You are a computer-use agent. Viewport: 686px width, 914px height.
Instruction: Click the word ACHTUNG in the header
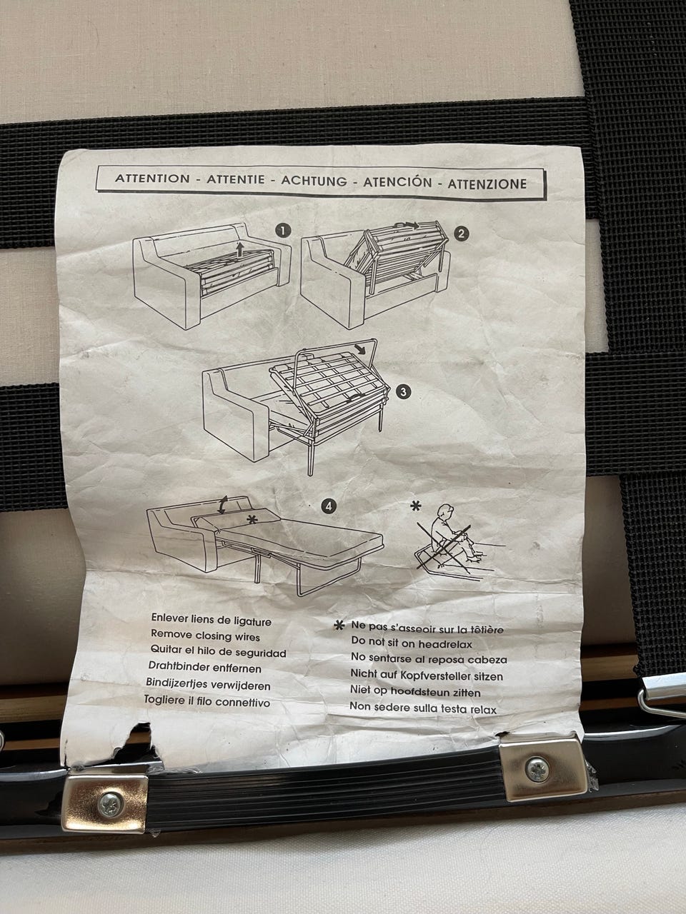coord(314,181)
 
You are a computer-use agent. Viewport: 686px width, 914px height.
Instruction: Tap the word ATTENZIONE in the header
coord(487,184)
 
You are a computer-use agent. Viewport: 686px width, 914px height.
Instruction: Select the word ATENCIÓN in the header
coord(397,182)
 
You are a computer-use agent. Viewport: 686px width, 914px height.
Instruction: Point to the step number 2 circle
coord(461,233)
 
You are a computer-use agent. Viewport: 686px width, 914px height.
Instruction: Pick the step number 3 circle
coord(403,392)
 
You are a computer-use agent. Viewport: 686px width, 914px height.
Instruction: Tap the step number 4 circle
coord(329,507)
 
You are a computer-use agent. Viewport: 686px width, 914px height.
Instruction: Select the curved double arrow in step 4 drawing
coord(224,506)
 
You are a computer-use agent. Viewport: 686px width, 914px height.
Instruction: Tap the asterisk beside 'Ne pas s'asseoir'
coord(339,625)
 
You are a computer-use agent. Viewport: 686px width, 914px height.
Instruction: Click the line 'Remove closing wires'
coord(205,636)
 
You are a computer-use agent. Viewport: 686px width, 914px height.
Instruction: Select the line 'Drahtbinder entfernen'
coord(205,668)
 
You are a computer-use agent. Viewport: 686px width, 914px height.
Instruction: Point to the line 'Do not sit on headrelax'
coord(412,644)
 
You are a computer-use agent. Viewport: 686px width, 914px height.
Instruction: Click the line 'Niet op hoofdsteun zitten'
coord(415,692)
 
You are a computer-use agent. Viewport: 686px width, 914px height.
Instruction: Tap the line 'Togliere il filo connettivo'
coord(207,701)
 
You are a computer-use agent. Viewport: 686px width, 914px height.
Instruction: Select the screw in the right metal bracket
coord(537,770)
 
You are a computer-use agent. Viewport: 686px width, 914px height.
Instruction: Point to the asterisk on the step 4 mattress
coord(252,519)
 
